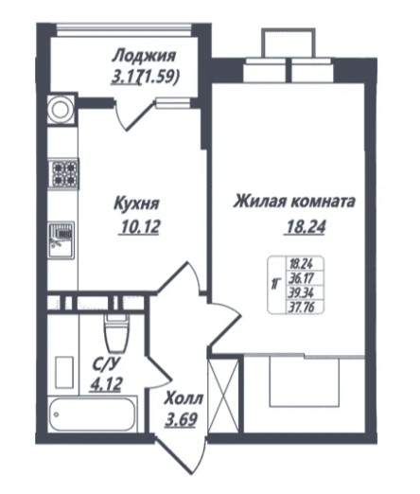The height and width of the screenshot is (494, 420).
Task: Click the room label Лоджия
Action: pyautogui.click(x=144, y=56)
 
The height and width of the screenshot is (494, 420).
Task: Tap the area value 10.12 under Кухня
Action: pyautogui.click(x=140, y=226)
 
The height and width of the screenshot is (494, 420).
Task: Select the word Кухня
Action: pyautogui.click(x=137, y=203)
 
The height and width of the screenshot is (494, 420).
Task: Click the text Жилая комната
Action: pyautogui.click(x=294, y=202)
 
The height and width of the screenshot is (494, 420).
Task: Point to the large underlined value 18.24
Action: pyautogui.click(x=306, y=226)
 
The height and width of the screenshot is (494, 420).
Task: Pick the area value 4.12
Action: pyautogui.click(x=106, y=384)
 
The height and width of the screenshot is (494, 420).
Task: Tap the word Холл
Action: pyautogui.click(x=184, y=398)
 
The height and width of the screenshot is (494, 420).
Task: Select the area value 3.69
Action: pyautogui.click(x=182, y=419)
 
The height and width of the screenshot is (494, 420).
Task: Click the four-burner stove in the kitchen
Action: pyautogui.click(x=63, y=174)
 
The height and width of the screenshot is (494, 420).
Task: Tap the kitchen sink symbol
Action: pyautogui.click(x=61, y=240)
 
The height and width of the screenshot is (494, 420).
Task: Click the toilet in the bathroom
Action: pyautogui.click(x=116, y=333)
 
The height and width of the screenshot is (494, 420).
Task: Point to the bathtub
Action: pyautogui.click(x=93, y=414)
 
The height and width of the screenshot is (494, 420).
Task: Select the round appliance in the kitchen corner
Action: pyautogui.click(x=61, y=110)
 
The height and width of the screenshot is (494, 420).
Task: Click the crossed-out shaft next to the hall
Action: pyautogui.click(x=223, y=396)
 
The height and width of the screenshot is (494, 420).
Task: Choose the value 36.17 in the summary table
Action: pyautogui.click(x=301, y=278)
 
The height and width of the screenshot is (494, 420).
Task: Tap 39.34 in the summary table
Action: pyautogui.click(x=301, y=292)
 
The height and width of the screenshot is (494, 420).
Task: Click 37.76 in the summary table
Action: pyautogui.click(x=301, y=307)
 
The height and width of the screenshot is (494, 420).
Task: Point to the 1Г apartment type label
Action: pyautogui.click(x=275, y=284)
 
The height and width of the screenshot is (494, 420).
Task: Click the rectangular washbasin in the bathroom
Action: pyautogui.click(x=64, y=373)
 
